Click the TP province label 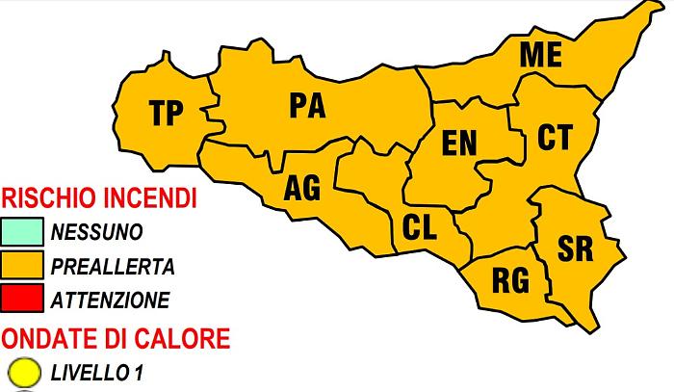point(168,114)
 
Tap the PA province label point(307,105)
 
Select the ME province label point(540,56)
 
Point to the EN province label point(459,144)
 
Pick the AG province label point(302,189)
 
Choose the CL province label point(420,228)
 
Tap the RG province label point(510,281)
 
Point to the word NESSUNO point(97,233)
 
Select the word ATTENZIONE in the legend point(111,300)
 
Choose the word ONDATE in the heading point(45,338)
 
